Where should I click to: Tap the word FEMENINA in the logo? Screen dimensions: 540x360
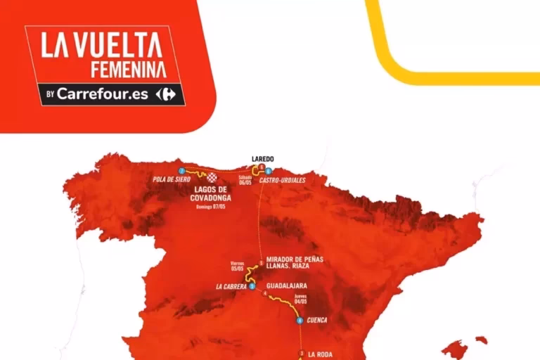pyautogui.click(x=129, y=69)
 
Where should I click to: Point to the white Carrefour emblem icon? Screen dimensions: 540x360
pyautogui.click(x=167, y=94)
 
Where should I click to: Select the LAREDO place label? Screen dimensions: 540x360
pyautogui.click(x=262, y=158)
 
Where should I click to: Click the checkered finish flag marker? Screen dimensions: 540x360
pyautogui.click(x=211, y=178)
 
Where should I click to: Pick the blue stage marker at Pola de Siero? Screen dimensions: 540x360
pyautogui.click(x=181, y=171)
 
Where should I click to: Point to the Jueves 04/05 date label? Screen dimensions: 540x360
pyautogui.click(x=302, y=298)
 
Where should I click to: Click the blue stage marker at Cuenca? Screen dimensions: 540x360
pyautogui.click(x=300, y=321)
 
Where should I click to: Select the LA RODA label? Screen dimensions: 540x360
pyautogui.click(x=321, y=354)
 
